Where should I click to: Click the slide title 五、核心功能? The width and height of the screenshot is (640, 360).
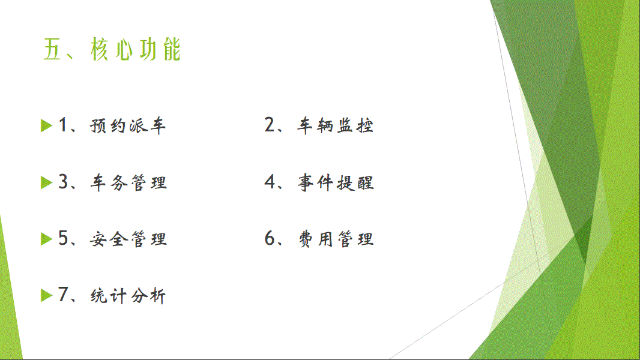112,49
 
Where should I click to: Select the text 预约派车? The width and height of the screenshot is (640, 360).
128,125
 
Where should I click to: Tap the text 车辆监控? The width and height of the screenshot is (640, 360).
335,125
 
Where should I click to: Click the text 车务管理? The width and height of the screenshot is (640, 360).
128,182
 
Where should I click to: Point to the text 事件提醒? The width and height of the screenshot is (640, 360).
336,182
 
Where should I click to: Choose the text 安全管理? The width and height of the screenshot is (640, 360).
128,239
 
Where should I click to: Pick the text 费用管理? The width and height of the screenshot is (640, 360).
336,239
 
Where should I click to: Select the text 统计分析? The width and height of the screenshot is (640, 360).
128,296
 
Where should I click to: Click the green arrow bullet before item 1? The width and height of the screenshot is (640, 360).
47,125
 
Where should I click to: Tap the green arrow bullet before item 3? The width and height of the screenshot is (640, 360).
47,182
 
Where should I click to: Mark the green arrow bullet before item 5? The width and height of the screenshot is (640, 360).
47,239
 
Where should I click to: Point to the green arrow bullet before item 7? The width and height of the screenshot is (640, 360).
47,296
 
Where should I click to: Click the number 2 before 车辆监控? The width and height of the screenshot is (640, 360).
270,124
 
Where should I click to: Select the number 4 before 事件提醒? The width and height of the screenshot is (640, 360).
270,181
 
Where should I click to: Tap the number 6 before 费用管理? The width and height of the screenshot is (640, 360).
270,238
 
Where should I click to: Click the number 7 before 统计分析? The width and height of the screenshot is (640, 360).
63,295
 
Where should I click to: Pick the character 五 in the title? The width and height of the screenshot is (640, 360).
52,49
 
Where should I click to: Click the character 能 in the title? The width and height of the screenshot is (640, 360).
172,49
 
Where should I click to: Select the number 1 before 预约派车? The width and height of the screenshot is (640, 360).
63,124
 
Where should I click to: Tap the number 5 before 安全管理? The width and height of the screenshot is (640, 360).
63,238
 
